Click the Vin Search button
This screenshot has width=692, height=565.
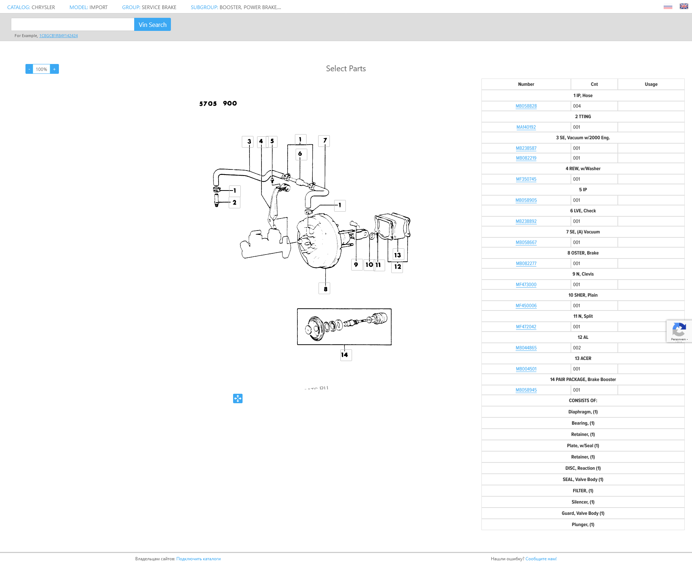(152, 24)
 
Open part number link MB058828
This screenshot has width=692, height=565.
(526, 106)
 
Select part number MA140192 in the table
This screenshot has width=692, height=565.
(526, 127)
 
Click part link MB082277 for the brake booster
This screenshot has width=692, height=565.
(526, 264)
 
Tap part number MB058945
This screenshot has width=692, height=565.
(526, 390)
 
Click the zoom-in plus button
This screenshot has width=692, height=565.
(55, 69)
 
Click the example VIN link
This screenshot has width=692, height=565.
(59, 36)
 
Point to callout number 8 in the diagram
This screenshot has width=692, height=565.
(324, 289)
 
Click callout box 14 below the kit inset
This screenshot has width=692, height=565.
(346, 355)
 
